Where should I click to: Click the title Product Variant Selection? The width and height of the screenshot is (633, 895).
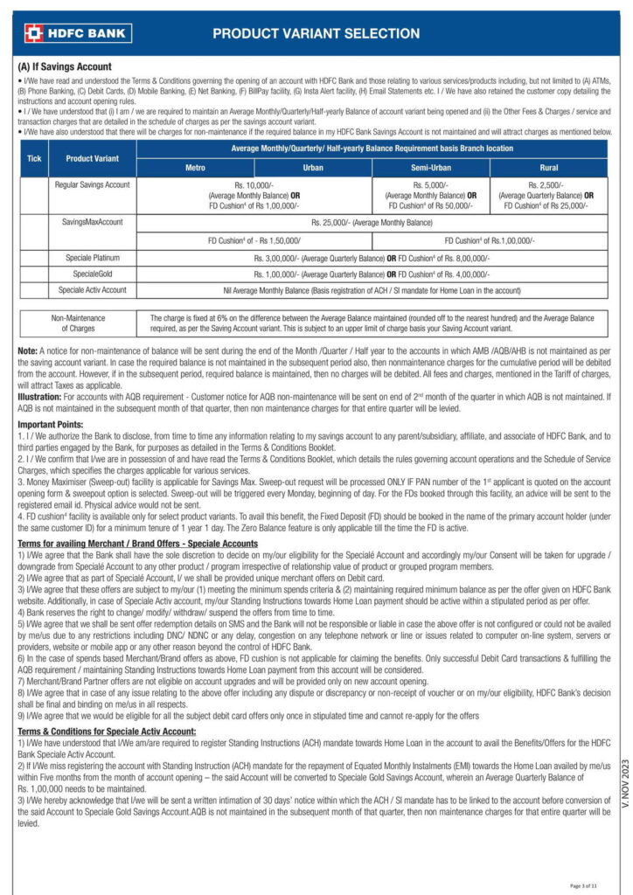point(316,34)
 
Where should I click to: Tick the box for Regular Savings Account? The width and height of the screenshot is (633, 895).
point(34,196)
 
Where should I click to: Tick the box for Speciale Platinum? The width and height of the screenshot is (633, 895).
point(34,259)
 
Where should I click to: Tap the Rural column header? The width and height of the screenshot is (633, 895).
point(548,167)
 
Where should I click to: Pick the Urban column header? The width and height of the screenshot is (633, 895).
point(313,167)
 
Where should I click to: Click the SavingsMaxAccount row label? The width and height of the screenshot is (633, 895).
point(92,223)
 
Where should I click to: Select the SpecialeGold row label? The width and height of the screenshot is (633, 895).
point(92,274)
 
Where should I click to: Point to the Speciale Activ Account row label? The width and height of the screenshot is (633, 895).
point(92,288)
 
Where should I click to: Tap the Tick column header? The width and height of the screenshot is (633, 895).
point(34,158)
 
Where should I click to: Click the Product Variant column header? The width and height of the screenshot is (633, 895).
point(92,158)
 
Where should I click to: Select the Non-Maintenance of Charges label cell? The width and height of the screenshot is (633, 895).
point(79,323)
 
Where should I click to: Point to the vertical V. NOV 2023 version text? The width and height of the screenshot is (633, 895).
point(618,786)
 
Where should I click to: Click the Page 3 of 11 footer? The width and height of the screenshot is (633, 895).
point(584,885)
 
